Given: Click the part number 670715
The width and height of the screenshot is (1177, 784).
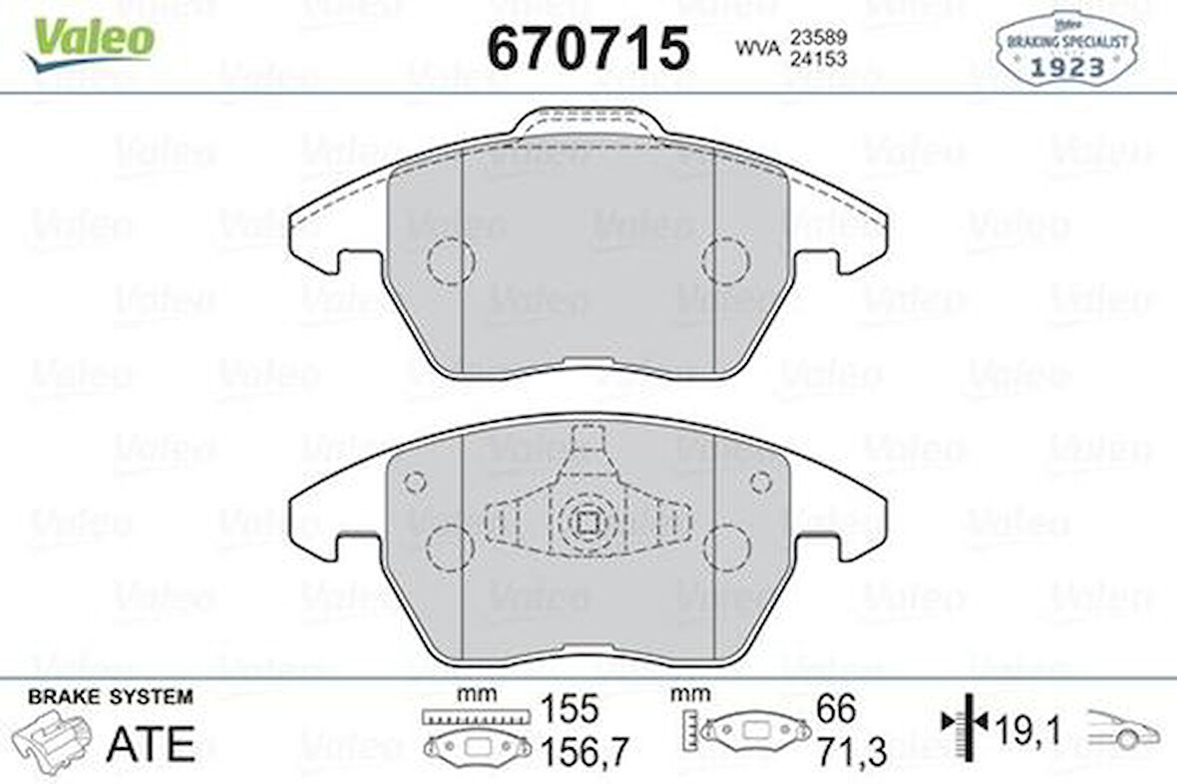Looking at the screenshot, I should [588, 47].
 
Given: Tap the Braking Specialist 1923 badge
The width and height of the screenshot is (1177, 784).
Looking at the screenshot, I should [1066, 50].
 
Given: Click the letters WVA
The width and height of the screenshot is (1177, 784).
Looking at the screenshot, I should [757, 48].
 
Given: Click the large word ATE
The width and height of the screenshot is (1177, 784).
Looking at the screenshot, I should [151, 742].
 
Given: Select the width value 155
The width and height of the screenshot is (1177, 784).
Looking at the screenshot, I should [570, 709].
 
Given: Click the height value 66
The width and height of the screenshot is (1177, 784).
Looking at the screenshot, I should [835, 709].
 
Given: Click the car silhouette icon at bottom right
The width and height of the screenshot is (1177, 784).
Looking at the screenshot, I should [1123, 730].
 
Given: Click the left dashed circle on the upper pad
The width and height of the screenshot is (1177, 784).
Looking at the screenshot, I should [450, 261].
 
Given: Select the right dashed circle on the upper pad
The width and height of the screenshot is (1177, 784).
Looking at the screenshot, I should [725, 260].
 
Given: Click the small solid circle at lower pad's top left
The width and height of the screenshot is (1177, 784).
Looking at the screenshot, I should [415, 482].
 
